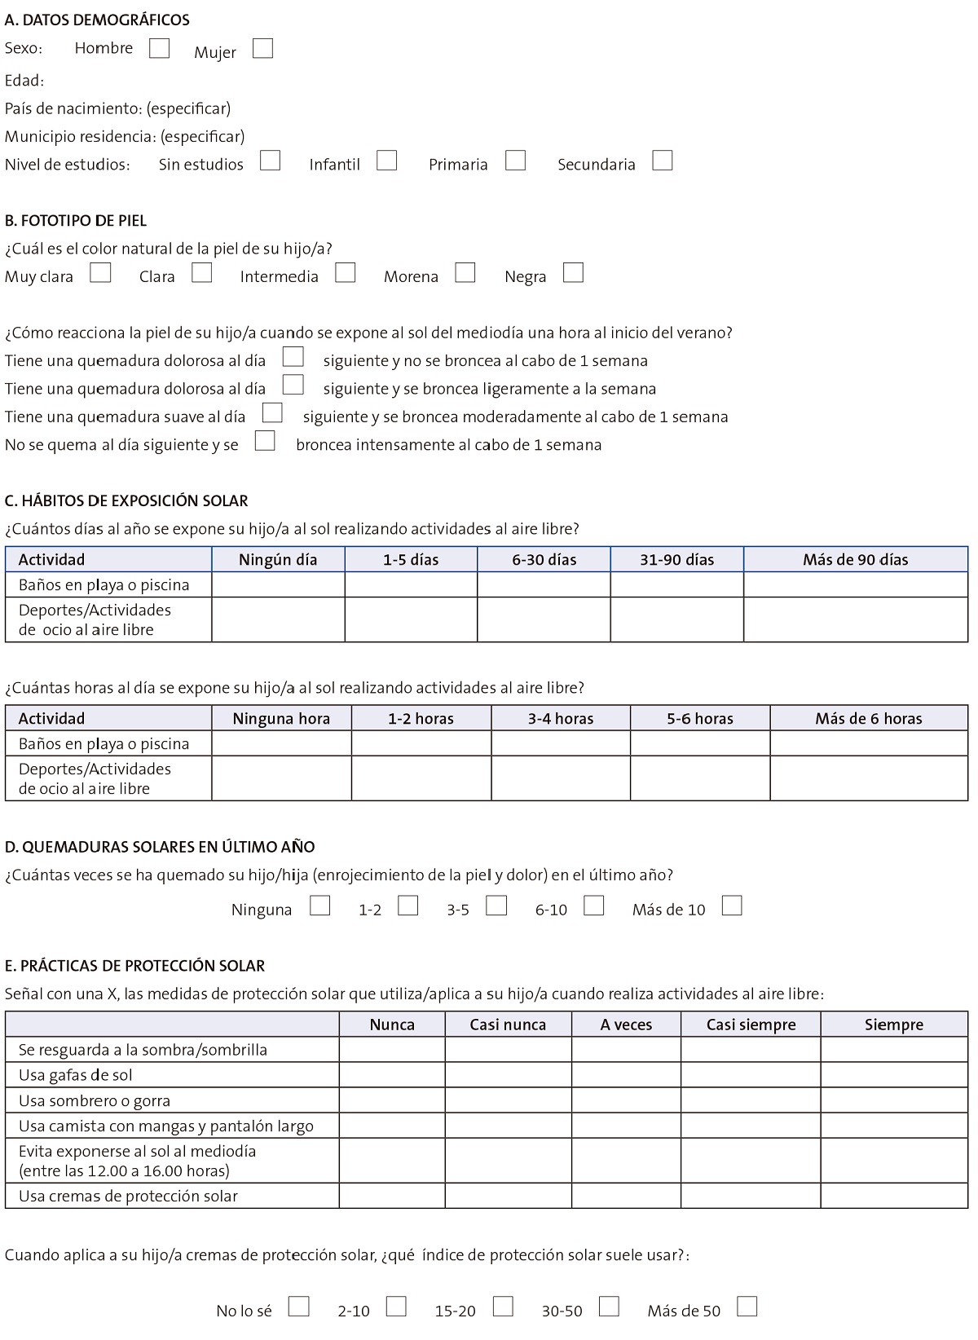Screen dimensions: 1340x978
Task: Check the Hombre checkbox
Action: (x=159, y=48)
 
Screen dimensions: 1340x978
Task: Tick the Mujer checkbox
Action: (x=262, y=49)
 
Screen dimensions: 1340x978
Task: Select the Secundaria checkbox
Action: (x=663, y=161)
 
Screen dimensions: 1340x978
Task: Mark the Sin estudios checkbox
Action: (x=270, y=161)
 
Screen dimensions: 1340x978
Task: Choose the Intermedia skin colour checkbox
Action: (x=346, y=272)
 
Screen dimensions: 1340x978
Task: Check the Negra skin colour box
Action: (x=573, y=272)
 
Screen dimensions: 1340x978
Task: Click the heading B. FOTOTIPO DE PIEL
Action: (x=76, y=220)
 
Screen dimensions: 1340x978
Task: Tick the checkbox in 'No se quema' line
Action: (x=265, y=441)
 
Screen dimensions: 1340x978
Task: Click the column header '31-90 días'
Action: (x=676, y=559)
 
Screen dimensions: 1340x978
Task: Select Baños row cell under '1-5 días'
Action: (x=411, y=584)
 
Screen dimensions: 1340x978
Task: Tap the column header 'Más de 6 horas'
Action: (x=868, y=718)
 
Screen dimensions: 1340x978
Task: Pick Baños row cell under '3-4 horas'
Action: (x=560, y=743)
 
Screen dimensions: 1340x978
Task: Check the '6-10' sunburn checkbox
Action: (x=593, y=906)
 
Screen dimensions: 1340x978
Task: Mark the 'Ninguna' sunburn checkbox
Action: (x=320, y=906)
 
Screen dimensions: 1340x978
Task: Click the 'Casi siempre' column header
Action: (x=751, y=1025)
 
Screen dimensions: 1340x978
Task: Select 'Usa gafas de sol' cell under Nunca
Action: (x=392, y=1075)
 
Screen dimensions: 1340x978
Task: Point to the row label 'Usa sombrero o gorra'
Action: (x=95, y=1100)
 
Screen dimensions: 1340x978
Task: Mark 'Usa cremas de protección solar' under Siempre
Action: (x=894, y=1196)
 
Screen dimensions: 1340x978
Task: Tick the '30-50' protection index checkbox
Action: (x=609, y=1307)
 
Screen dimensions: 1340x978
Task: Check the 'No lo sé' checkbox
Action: (x=299, y=1307)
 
